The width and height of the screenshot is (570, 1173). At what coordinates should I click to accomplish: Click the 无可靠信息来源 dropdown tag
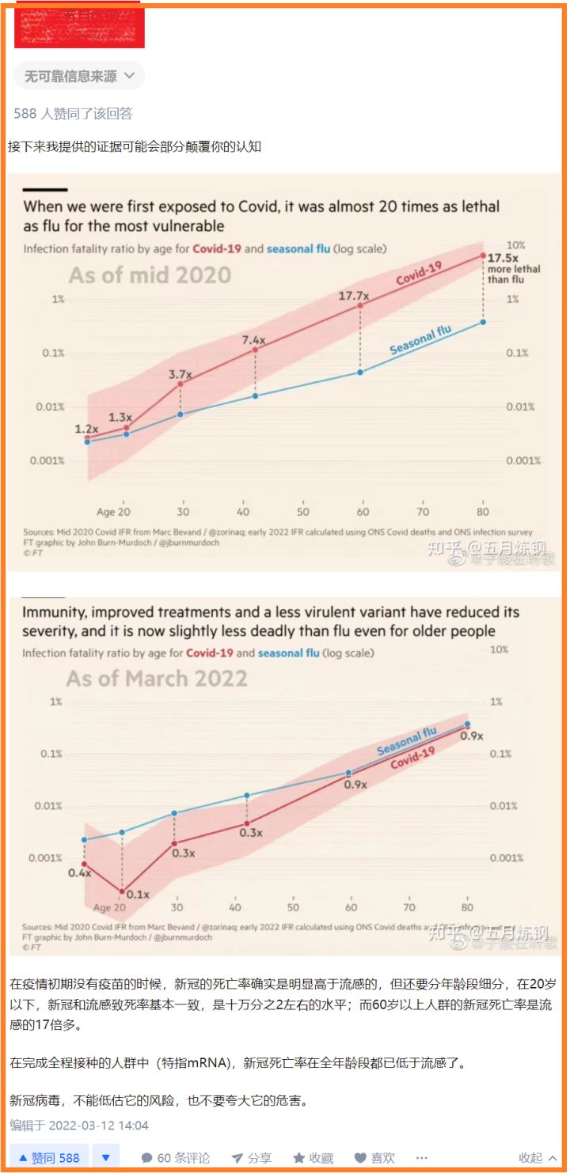pos(79,76)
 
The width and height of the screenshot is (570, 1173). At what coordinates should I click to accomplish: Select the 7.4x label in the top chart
pos(255,340)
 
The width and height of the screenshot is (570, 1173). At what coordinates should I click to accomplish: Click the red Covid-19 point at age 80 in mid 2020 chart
pos(482,255)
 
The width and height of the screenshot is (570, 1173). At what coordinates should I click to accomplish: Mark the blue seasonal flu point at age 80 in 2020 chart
pos(482,322)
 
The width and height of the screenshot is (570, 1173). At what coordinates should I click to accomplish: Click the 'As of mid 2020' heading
pos(150,275)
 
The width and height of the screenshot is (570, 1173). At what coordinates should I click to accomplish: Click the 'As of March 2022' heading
pos(157,679)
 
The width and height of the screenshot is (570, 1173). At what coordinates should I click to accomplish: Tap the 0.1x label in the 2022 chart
pos(138,894)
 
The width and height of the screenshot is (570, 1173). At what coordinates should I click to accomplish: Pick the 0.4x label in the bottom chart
pos(79,872)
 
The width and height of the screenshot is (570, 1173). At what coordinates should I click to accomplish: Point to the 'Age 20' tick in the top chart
pos(113,512)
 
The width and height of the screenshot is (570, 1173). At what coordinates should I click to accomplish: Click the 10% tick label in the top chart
pos(515,245)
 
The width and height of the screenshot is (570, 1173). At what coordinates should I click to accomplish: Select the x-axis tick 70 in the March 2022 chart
pos(409,907)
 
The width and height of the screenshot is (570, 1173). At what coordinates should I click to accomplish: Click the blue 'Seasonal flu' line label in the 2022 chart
pos(407,741)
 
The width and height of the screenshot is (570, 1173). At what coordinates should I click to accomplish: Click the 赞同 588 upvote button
pos(49,1157)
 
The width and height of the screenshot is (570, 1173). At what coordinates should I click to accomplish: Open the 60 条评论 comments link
pos(176,1157)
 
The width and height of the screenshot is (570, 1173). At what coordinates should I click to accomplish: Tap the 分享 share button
pos(251,1157)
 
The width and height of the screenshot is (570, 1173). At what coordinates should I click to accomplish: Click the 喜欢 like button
pos(374,1157)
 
